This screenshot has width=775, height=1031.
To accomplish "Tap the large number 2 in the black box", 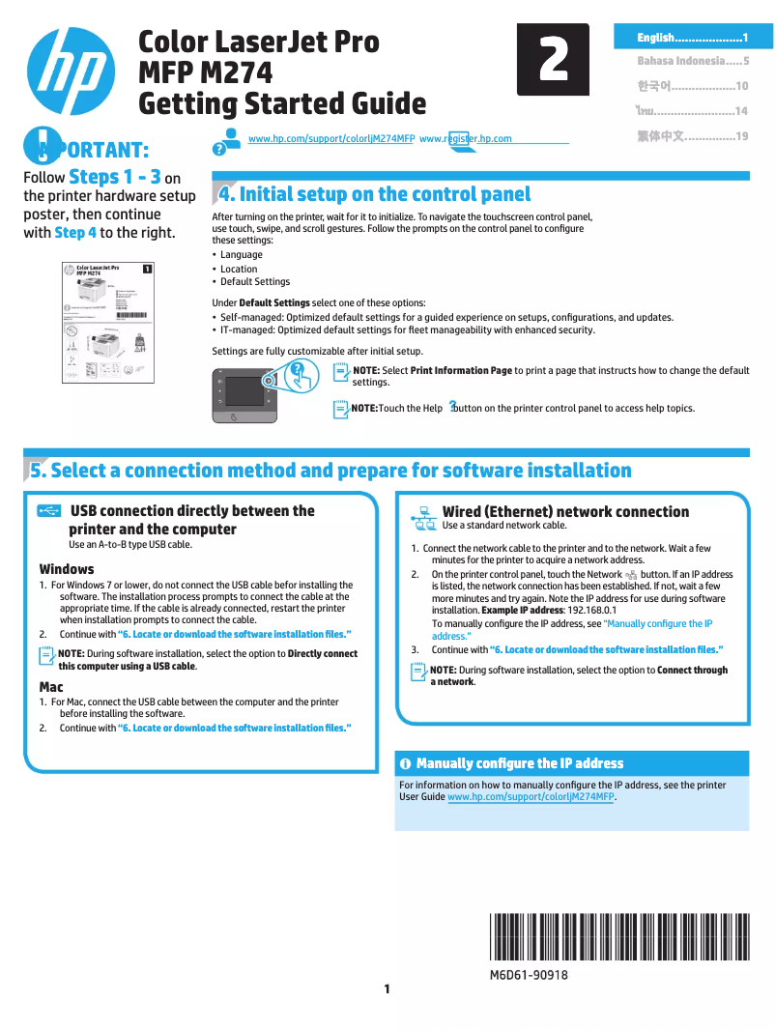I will (553, 60).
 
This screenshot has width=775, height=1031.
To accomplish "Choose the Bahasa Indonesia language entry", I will (692, 61).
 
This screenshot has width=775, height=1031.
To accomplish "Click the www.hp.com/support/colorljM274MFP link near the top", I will (331, 139).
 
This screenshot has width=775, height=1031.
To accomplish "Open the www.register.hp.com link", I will (466, 139).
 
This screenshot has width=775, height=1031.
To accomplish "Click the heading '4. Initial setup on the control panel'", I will (375, 194).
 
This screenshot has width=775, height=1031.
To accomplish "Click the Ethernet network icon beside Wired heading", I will (423, 519).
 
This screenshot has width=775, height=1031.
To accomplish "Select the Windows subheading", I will (67, 569).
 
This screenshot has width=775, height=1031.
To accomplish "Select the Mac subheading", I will (51, 687).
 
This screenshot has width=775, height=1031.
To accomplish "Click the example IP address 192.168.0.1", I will (591, 611).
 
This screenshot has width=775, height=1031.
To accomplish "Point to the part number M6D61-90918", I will (529, 975).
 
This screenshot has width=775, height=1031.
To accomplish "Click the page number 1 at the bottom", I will (387, 988).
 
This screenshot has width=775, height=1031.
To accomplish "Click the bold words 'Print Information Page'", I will (461, 370).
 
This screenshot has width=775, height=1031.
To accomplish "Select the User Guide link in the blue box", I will (531, 797).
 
